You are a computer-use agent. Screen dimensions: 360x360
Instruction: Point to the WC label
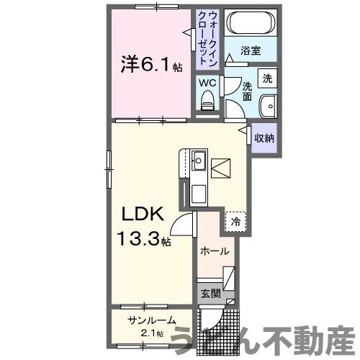(x=207, y=83)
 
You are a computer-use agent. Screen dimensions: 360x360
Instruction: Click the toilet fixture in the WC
(x=209, y=104)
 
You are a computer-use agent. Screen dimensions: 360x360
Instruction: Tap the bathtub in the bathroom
(x=248, y=25)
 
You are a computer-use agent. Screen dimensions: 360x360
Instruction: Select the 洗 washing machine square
(x=267, y=78)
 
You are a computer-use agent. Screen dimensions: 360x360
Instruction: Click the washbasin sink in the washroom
(x=268, y=104)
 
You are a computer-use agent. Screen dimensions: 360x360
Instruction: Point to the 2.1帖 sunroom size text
(x=151, y=333)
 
